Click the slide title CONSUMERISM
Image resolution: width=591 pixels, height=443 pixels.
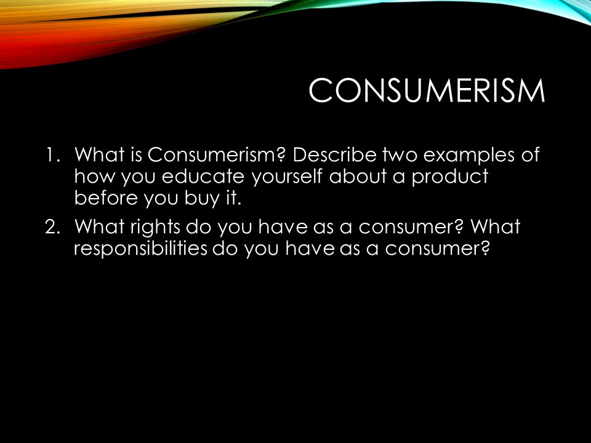427,90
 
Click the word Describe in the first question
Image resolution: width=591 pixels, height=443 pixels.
334,154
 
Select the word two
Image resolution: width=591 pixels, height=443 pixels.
400,155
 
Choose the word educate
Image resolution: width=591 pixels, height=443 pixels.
203,177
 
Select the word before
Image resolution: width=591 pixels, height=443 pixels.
106,198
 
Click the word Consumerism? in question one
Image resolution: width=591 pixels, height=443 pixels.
217,154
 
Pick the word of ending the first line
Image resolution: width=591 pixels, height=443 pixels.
530,154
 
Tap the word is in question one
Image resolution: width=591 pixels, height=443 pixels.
137,154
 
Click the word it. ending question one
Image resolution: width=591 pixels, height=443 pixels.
233,198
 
